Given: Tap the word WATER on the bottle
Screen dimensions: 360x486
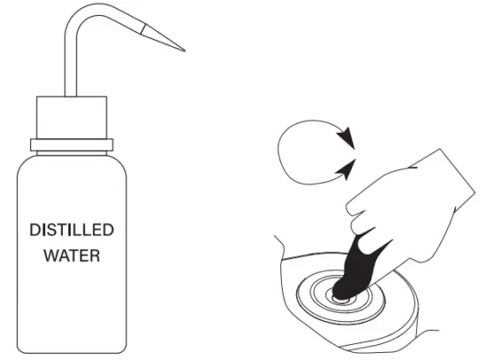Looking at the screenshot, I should (x=72, y=258).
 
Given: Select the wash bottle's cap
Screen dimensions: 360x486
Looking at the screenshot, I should (x=72, y=117).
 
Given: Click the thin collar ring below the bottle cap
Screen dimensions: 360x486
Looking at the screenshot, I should (x=72, y=143).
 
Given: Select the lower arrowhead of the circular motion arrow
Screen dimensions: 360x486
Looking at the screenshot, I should (x=347, y=165).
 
